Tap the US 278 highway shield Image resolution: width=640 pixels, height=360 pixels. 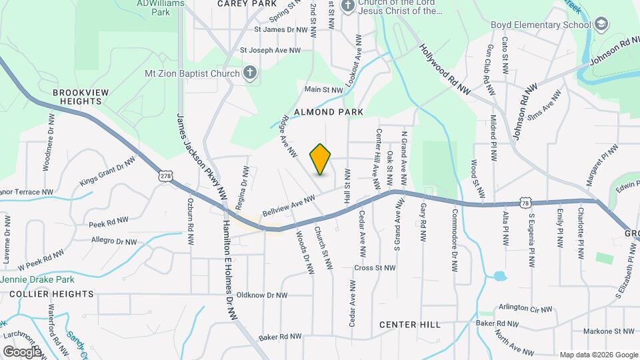165,177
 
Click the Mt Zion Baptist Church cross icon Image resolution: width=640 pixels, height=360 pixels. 250,73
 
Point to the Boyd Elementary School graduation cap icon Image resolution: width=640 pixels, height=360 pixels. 601,25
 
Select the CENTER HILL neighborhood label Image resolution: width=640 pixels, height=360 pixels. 410,325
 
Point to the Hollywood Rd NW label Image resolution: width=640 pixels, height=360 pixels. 445,71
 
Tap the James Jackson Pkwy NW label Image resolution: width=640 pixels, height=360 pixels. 202,155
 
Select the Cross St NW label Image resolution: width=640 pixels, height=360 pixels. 375,268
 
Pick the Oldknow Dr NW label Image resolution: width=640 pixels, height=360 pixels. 262,295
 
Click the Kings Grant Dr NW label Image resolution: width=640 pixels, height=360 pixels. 107,171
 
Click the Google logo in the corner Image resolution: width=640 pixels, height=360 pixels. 22,351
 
